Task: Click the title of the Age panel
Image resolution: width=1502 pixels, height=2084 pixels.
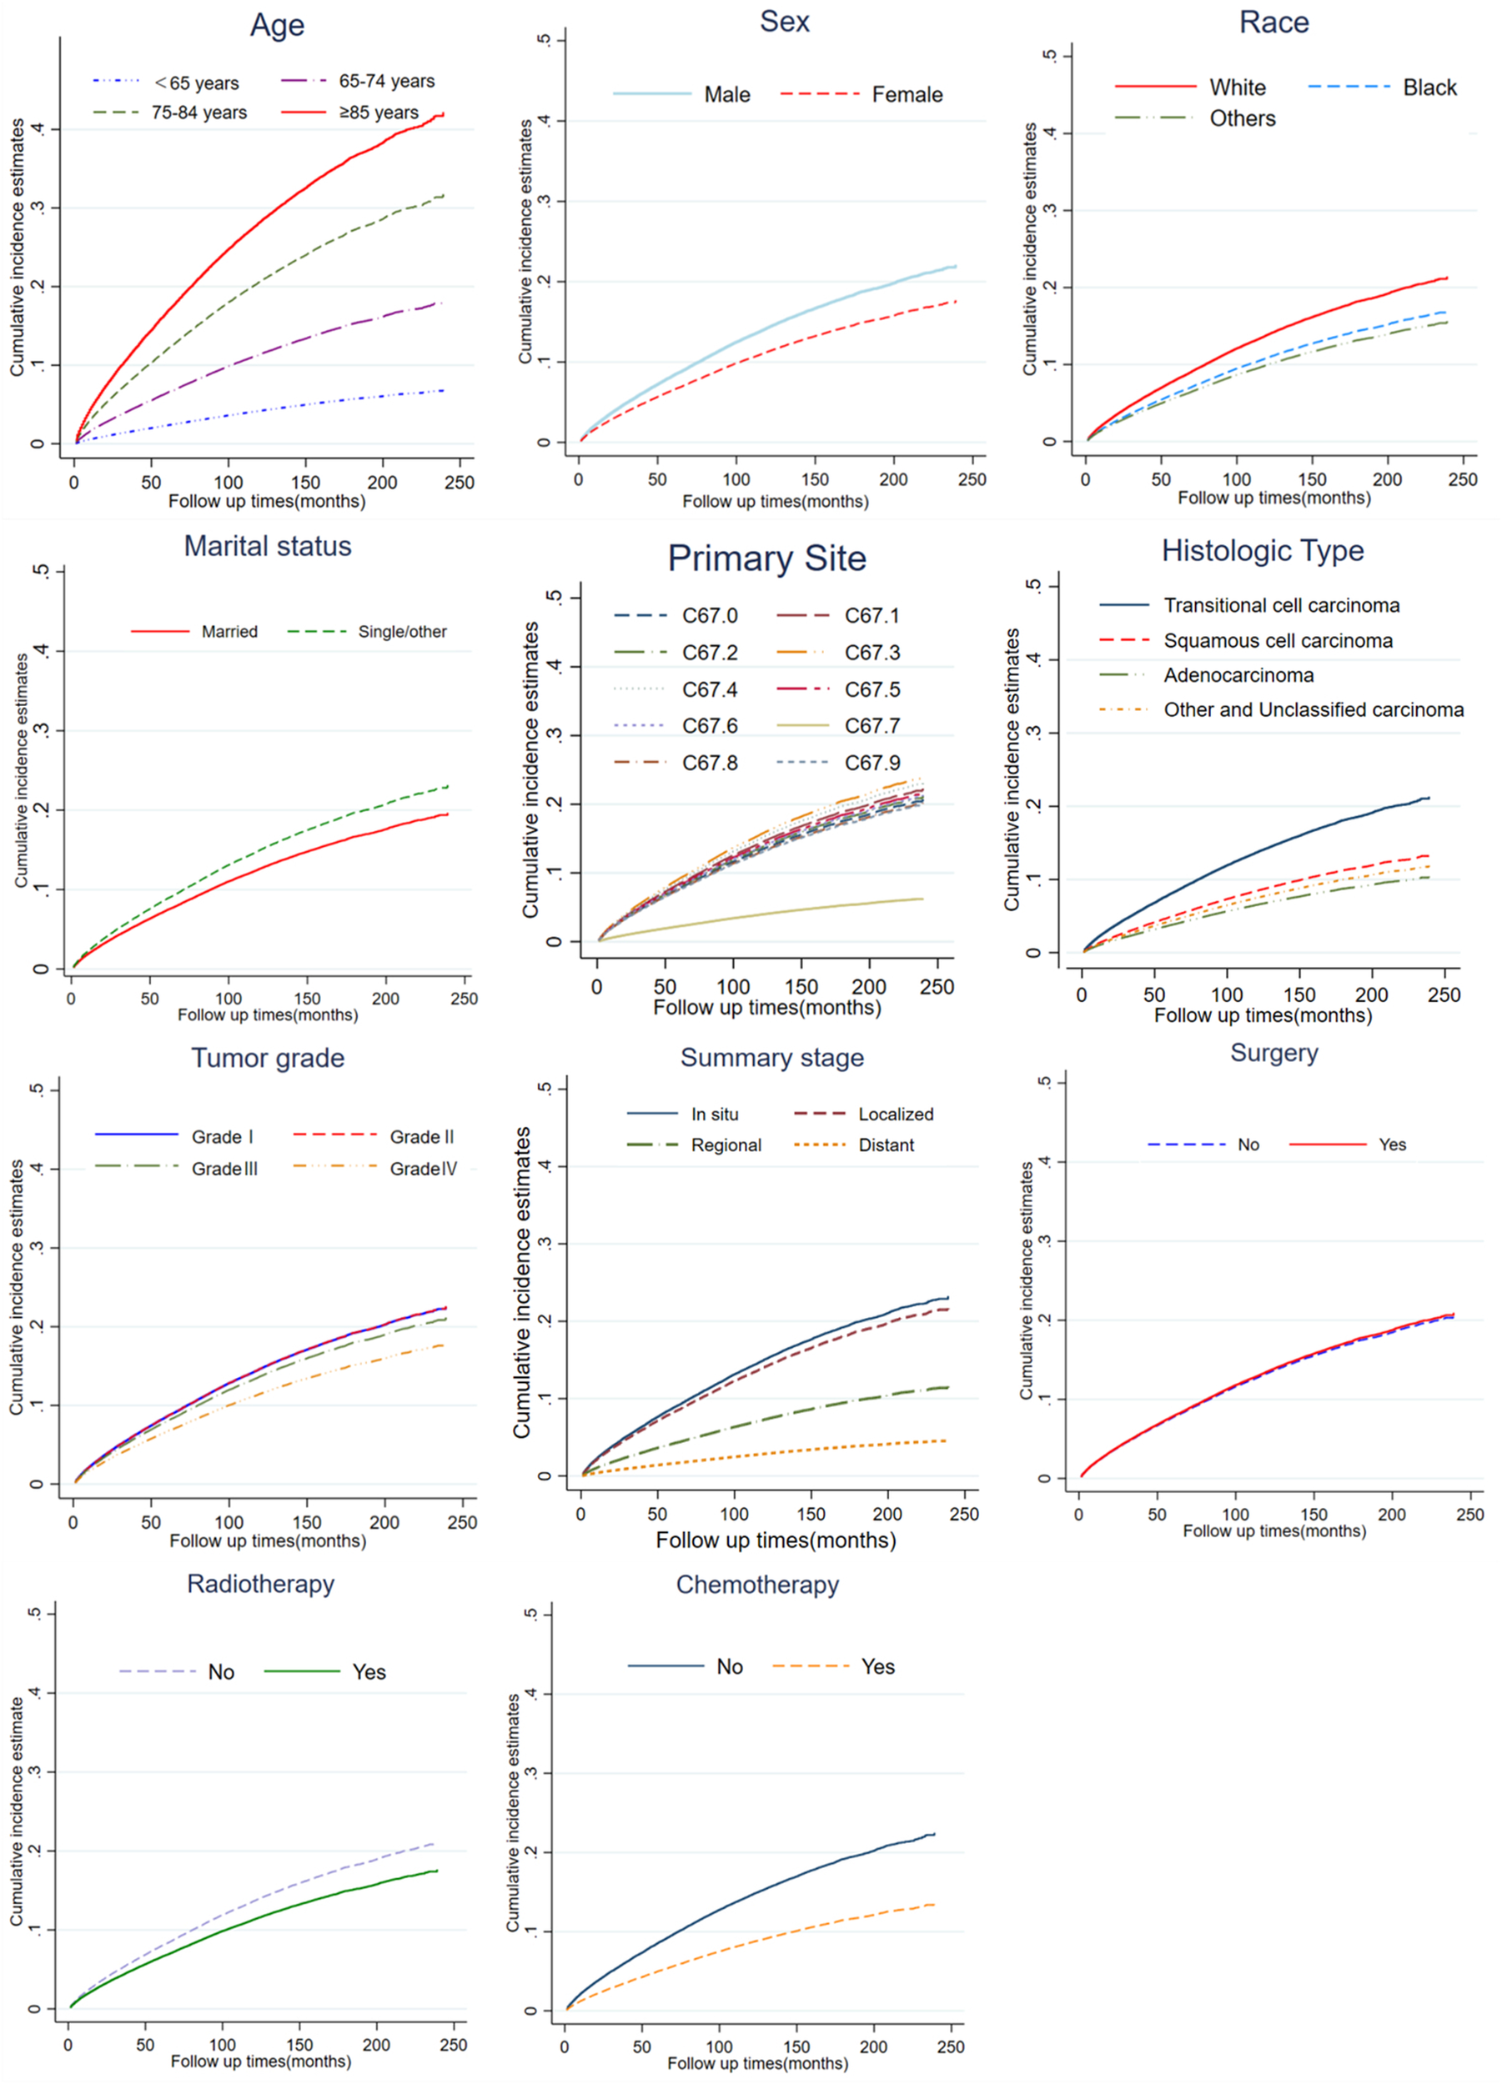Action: (277, 25)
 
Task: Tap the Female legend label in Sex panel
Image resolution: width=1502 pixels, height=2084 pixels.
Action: (907, 95)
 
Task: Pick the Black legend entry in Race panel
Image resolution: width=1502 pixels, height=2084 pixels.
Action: (1429, 88)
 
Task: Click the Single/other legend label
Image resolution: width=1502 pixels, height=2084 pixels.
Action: (402, 632)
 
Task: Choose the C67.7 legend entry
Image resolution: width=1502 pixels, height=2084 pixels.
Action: (872, 727)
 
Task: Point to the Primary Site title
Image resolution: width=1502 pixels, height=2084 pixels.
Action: (766, 559)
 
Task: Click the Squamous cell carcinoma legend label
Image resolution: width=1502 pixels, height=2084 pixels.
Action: (1278, 641)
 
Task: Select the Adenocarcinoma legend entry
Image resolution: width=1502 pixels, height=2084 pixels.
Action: (1238, 676)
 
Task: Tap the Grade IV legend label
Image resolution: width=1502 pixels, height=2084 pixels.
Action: (423, 1169)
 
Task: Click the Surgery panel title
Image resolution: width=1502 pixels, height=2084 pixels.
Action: (1274, 1053)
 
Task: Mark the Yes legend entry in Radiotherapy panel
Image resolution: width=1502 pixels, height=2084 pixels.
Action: (369, 1672)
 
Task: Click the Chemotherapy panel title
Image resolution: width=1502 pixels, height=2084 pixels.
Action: (757, 1585)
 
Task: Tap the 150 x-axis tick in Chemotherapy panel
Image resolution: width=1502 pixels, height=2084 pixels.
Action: (796, 2047)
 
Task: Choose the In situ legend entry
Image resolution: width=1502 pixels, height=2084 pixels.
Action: (714, 1115)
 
